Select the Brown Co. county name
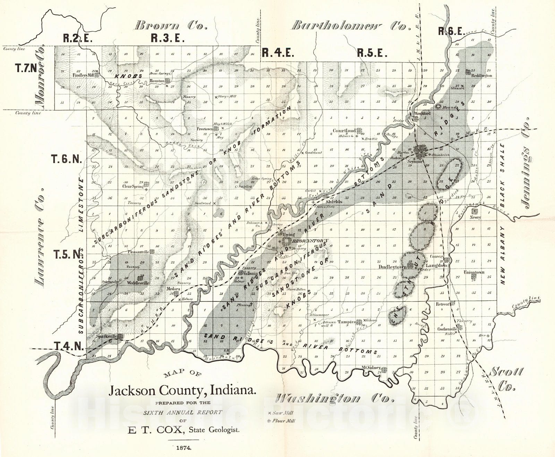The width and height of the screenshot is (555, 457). point(171,25)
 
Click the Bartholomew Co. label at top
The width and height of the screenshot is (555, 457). point(349,26)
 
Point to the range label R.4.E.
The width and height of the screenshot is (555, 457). point(277,53)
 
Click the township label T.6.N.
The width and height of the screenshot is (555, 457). point(67,159)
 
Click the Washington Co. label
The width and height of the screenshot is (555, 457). point(335,398)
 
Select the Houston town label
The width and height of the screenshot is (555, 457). point(157,81)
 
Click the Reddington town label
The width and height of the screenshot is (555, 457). point(482,75)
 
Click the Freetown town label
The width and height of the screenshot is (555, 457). point(205,129)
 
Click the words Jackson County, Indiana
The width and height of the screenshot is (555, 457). point(183,391)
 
